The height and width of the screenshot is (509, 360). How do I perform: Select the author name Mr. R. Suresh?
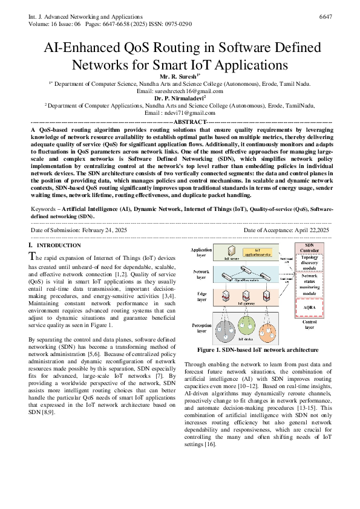coord(179,77)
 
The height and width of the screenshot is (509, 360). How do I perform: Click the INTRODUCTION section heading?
coord(58,245)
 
